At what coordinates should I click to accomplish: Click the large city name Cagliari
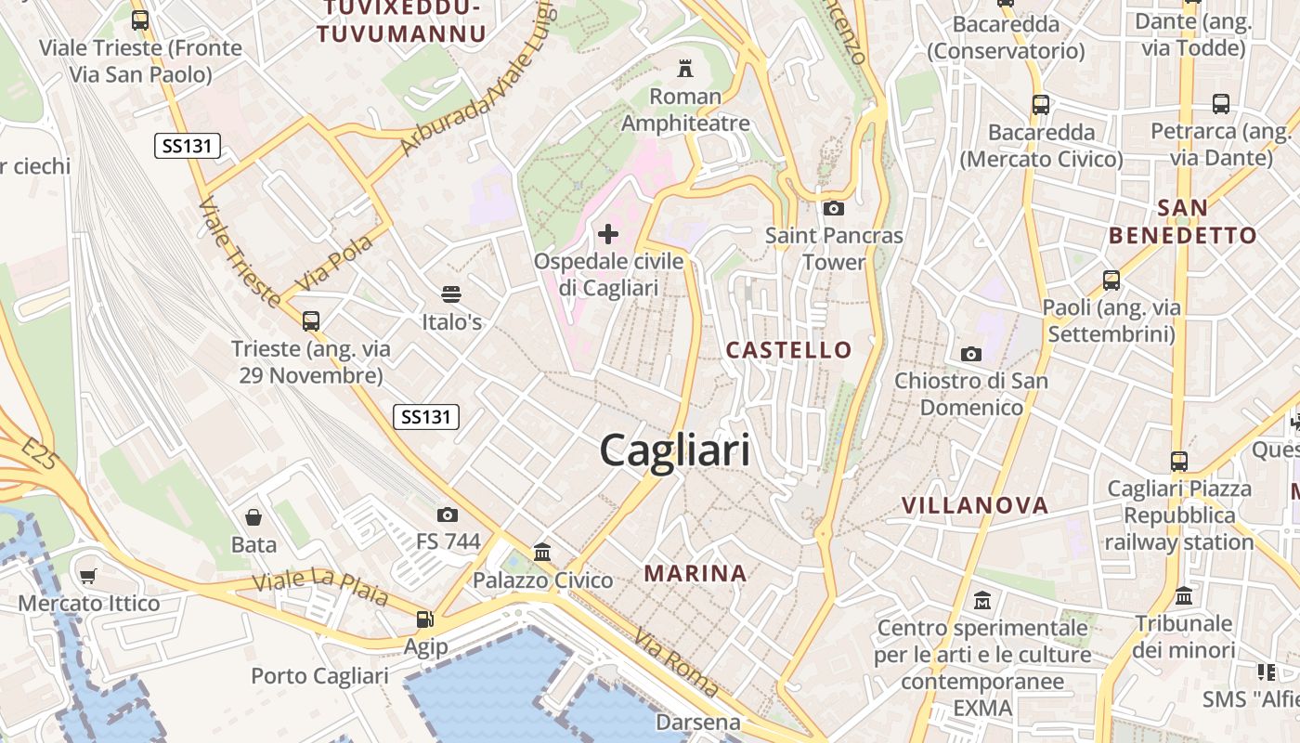point(674,451)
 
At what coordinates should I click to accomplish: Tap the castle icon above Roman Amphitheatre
point(685,68)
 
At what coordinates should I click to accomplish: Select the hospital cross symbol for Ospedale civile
point(608,234)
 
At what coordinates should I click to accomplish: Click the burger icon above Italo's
point(451,295)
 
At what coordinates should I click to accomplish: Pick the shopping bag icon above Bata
point(253,517)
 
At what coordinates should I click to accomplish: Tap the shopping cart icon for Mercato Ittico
point(88,577)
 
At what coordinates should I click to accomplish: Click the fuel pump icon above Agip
point(424,619)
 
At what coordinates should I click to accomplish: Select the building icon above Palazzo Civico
point(542,553)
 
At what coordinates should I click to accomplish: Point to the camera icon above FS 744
point(448,515)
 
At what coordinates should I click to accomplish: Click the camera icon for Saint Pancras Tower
point(833,208)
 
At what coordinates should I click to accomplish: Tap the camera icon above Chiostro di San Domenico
point(970,354)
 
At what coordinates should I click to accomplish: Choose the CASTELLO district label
point(788,350)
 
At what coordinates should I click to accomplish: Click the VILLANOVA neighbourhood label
point(975,505)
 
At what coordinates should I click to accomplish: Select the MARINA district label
point(695,573)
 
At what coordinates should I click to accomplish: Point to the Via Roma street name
point(675,663)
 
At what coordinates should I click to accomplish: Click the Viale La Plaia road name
point(321,588)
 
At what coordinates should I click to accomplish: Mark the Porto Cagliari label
point(319,675)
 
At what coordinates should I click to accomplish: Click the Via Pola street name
point(334,262)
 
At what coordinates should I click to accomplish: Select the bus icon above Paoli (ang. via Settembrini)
point(1111,280)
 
